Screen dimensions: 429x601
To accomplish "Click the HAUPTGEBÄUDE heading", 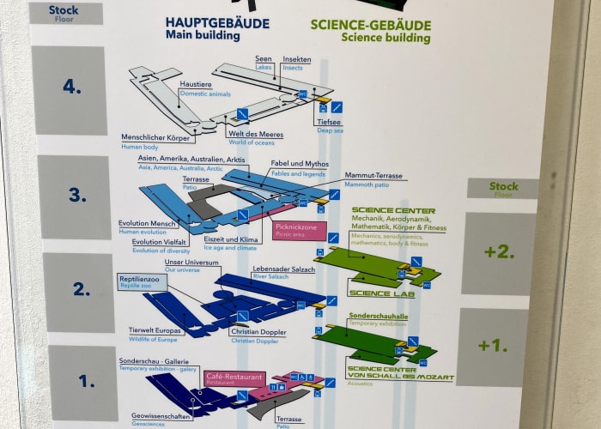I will click(217, 23).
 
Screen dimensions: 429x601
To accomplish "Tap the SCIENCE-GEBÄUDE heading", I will click(370, 26).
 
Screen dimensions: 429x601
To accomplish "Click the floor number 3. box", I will click(76, 196).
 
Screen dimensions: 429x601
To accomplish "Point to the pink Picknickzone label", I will click(296, 227).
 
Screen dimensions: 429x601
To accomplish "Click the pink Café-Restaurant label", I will click(234, 378).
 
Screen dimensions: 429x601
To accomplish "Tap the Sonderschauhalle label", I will click(378, 317).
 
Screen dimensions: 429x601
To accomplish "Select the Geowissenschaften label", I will click(160, 415).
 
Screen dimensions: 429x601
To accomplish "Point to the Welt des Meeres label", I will click(255, 133).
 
